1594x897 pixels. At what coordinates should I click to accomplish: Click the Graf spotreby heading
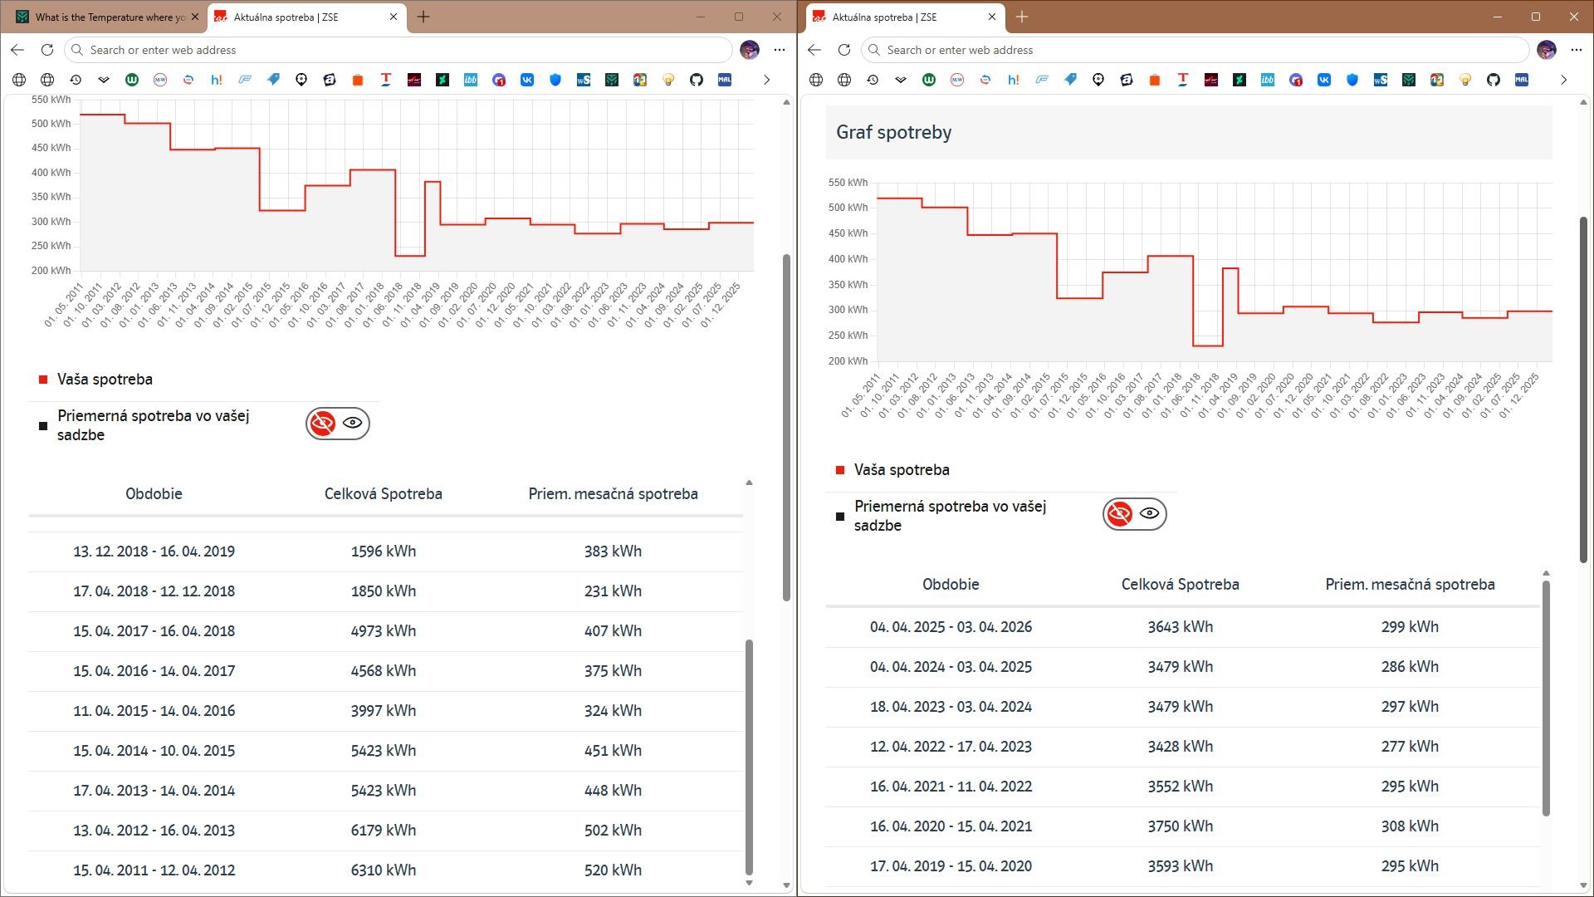(893, 132)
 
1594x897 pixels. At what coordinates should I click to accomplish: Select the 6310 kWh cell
(384, 870)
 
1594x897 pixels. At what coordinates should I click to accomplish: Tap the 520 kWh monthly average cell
(613, 870)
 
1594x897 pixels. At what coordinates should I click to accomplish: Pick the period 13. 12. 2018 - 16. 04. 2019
(154, 551)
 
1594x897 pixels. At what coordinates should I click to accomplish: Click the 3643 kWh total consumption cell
(1181, 626)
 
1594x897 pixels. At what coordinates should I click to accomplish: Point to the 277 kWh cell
(1410, 746)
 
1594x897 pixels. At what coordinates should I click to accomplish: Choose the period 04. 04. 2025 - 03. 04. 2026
(951, 626)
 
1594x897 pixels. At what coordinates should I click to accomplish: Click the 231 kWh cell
(613, 591)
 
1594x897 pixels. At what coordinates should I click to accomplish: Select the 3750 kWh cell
(1181, 826)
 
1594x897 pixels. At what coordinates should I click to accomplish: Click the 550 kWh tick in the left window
(51, 100)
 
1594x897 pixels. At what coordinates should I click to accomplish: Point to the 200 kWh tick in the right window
(848, 361)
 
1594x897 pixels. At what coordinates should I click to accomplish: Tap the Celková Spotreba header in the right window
(1181, 584)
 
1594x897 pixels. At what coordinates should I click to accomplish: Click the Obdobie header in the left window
(154, 493)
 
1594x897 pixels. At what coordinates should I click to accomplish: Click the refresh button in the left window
(47, 50)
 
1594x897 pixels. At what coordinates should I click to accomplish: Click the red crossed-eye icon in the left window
(322, 423)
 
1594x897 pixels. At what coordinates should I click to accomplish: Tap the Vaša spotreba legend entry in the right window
(902, 469)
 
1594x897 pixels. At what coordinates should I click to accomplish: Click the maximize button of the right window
(1536, 17)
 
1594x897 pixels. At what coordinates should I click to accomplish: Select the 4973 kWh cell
(384, 630)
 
